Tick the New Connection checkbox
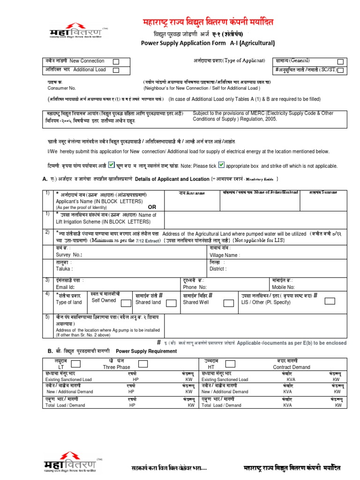pos(116,61)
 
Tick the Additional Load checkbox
pos(116,70)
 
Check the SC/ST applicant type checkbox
pos(340,70)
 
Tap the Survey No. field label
pos(69,255)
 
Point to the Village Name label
pos(225,255)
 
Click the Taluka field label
pos(64,269)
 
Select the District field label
pos(218,269)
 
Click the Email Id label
pos(65,287)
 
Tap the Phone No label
pos(195,287)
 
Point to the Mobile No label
pos(283,287)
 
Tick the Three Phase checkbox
pos(143,363)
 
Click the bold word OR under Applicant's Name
pos(151,207)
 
